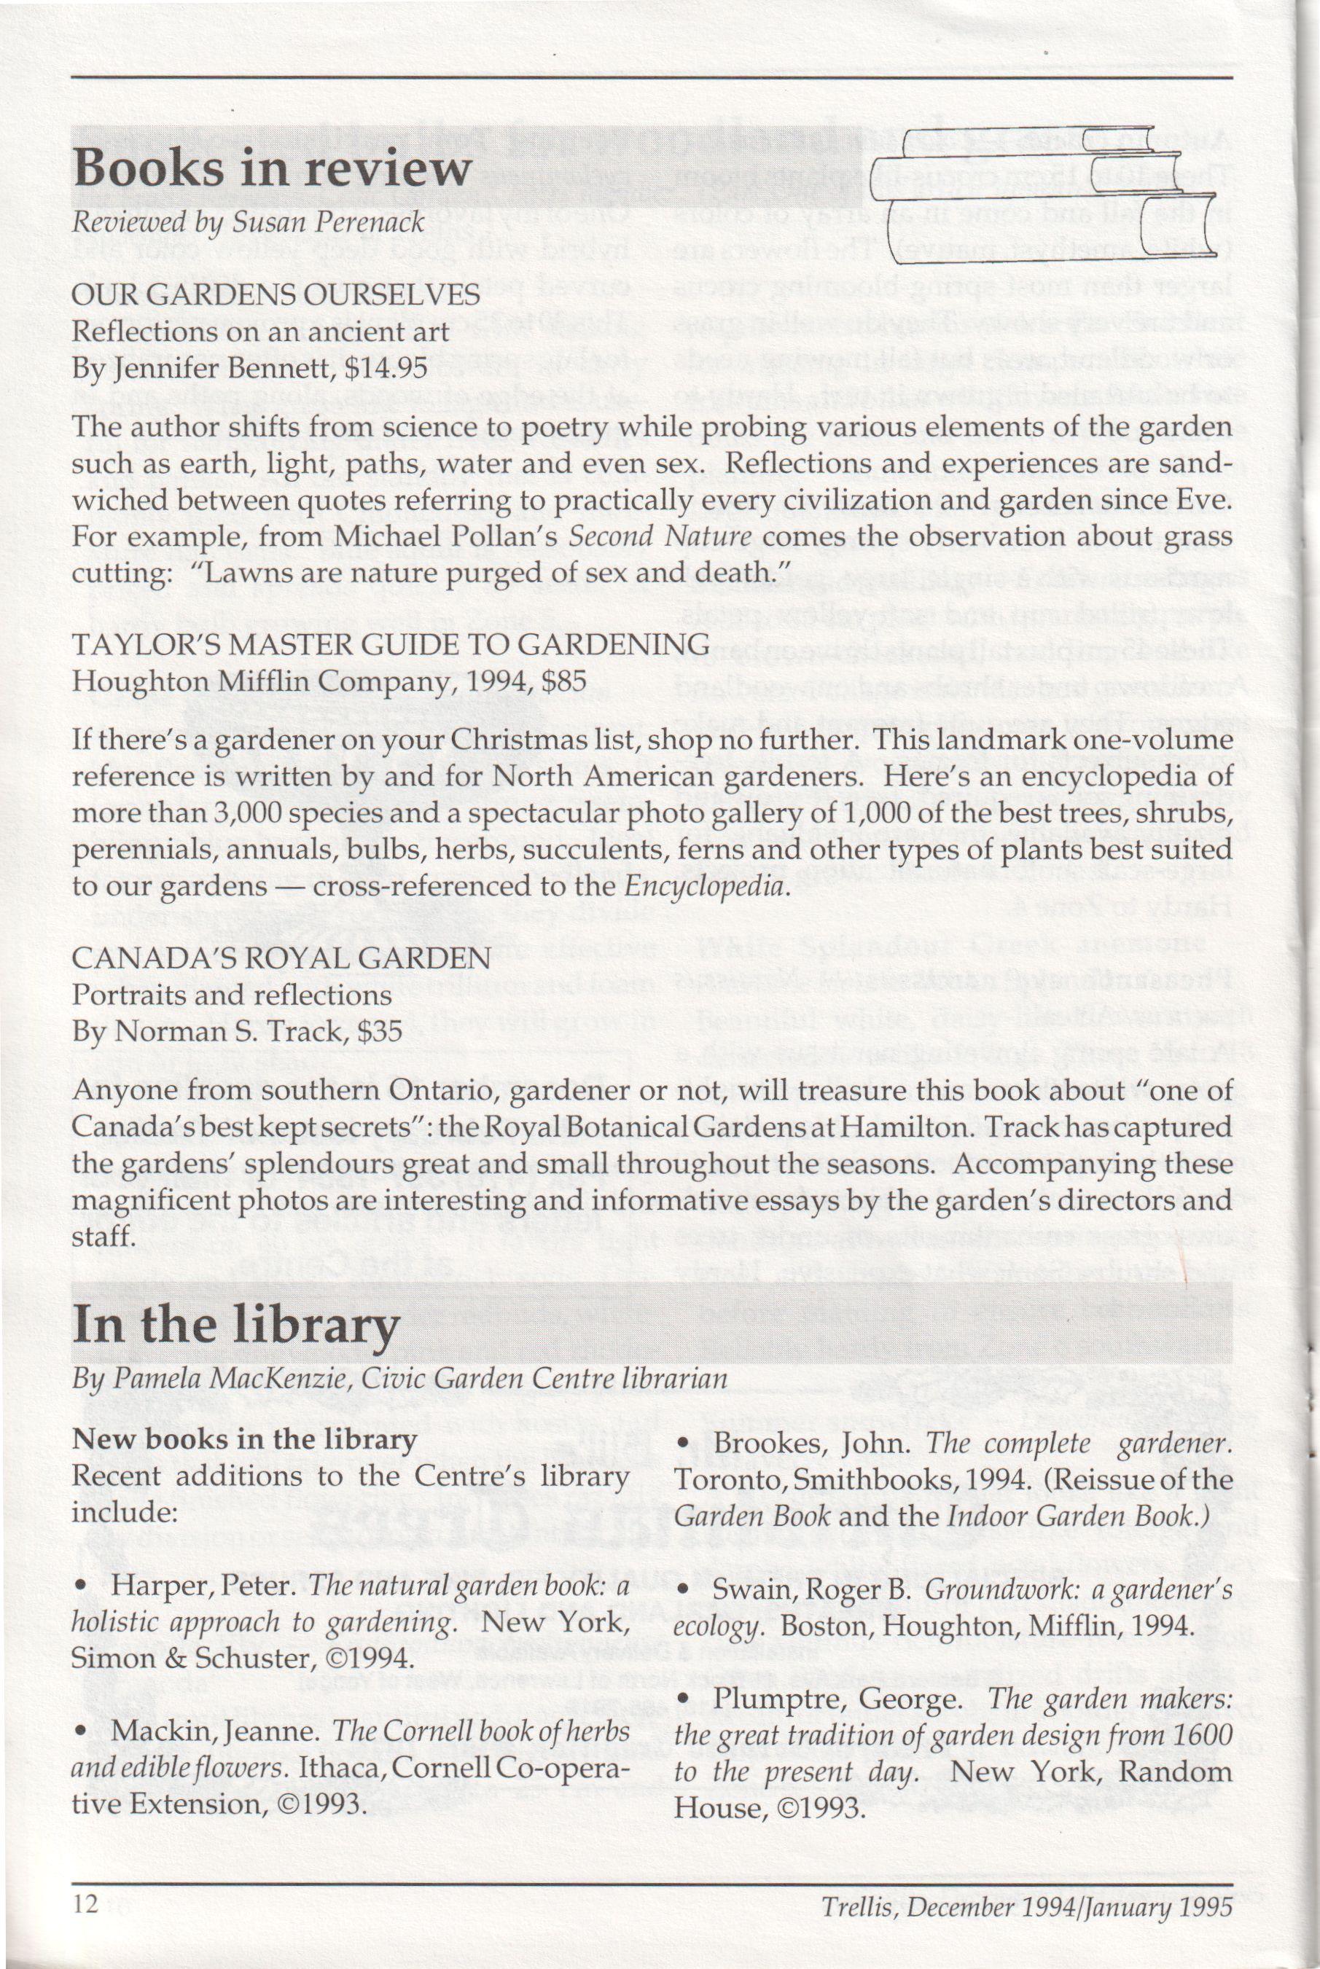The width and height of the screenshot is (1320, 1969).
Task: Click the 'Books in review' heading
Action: click(x=271, y=169)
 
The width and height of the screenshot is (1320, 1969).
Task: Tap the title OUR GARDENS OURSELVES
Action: click(x=276, y=294)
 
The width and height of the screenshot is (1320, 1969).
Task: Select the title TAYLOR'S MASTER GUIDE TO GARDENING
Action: click(x=391, y=645)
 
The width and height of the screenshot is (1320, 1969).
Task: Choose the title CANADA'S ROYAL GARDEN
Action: click(x=281, y=958)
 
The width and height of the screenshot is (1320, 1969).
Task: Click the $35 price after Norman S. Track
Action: click(x=379, y=1031)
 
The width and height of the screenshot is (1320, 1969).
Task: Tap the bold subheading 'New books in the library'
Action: click(x=244, y=1439)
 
